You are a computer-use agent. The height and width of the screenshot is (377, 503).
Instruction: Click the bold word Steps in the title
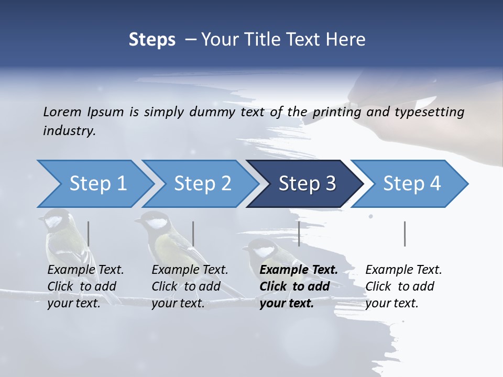[x=152, y=39]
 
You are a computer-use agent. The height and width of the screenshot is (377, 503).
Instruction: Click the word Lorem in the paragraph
[x=61, y=112]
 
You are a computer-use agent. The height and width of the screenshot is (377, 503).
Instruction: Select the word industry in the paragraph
[x=69, y=131]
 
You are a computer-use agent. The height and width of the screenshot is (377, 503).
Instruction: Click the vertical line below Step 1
[x=88, y=234]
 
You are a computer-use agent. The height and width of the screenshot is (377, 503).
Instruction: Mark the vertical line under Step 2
[x=193, y=234]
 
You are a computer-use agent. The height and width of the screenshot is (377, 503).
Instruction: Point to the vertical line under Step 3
[x=299, y=234]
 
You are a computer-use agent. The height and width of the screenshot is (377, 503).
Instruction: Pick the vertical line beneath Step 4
[x=404, y=234]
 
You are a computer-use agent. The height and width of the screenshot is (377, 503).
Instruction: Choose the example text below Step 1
[x=85, y=286]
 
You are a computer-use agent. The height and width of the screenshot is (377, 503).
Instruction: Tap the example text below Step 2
[x=189, y=286]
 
